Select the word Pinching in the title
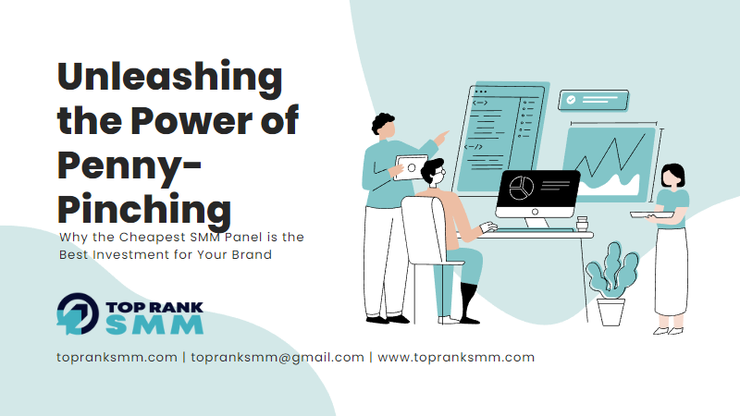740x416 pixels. pos(144,210)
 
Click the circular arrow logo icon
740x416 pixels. pos(78,314)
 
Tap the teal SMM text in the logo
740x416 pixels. pos(154,324)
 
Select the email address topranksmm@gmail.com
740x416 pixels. pos(277,358)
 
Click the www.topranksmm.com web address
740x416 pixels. pos(456,358)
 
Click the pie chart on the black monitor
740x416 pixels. pos(522,188)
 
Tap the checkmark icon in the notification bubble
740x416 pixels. pos(571,100)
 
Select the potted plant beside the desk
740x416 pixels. pos(611,285)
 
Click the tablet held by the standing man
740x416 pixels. pos(410,167)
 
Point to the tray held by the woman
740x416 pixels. pos(652,214)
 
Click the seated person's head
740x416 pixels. pos(433,172)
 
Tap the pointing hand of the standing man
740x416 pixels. pos(441,138)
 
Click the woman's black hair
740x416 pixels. pos(673,173)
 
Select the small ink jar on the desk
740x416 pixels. pos(583,223)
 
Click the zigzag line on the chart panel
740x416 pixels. pos(610,155)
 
